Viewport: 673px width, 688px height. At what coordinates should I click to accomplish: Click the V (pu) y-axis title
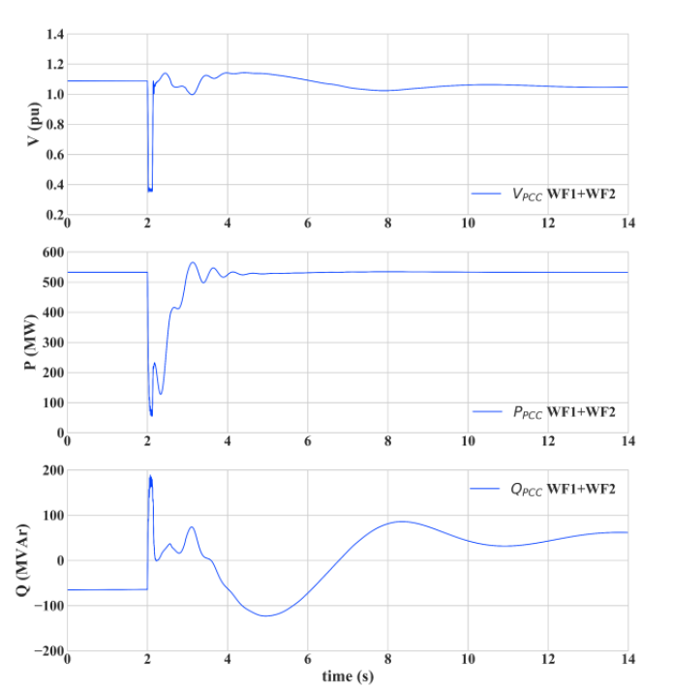33,126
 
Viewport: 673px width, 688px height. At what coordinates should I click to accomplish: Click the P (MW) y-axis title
33,342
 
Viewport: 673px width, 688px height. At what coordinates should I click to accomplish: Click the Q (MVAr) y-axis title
33,561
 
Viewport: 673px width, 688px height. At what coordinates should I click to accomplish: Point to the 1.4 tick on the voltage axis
53,35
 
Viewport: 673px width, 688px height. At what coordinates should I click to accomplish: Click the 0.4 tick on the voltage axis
53,185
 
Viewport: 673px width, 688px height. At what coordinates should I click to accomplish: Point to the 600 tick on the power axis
51,253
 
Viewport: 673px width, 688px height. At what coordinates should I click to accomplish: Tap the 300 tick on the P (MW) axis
51,343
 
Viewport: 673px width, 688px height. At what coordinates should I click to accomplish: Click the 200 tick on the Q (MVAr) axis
51,470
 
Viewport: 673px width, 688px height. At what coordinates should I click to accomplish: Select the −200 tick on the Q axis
47,651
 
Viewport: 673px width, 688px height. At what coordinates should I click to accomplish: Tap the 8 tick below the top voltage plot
387,224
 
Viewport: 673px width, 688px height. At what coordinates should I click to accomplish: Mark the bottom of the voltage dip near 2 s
150,191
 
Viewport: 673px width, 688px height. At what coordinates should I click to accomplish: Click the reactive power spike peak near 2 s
150,476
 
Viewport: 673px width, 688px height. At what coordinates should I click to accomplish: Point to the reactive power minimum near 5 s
264,615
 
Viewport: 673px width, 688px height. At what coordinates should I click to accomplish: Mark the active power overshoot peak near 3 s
193,262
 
